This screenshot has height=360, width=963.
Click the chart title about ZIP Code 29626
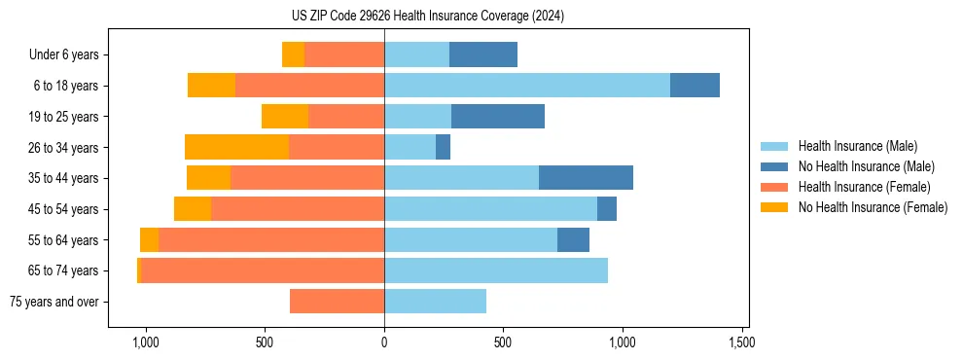(x=427, y=17)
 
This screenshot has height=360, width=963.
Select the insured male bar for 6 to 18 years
(x=527, y=86)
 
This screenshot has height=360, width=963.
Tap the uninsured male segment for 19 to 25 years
(x=498, y=117)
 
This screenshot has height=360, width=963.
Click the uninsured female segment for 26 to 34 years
(x=236, y=147)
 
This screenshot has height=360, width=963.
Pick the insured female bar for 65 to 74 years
(x=263, y=270)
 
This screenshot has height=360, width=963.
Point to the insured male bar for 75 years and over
(x=435, y=302)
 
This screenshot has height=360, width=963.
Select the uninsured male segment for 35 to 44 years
(x=586, y=178)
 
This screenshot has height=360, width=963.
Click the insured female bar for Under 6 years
(x=344, y=54)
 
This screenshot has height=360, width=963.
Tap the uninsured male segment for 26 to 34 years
(x=443, y=147)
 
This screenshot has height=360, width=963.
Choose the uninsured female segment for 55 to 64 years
(x=149, y=239)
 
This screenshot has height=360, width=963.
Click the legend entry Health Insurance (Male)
(x=857, y=146)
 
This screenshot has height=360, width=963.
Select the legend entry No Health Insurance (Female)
(x=873, y=207)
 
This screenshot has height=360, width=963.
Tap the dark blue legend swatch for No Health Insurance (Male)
(x=774, y=166)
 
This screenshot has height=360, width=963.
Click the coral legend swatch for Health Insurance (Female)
(x=774, y=187)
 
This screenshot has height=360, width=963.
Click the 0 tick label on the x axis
(x=384, y=342)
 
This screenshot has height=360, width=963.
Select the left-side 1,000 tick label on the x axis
(x=145, y=342)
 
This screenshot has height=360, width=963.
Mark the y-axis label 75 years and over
(x=54, y=302)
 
